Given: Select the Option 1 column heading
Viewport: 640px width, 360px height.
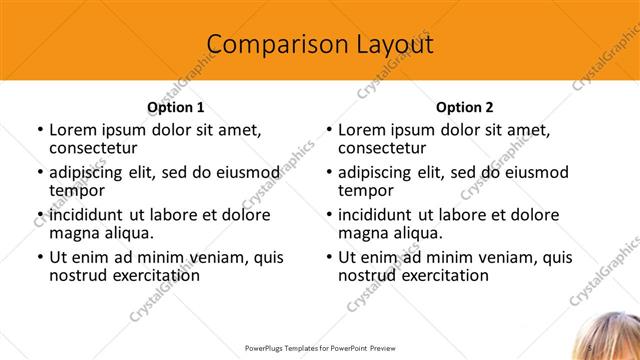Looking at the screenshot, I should (x=176, y=107).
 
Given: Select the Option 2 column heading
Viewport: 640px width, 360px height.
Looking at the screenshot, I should (x=464, y=107).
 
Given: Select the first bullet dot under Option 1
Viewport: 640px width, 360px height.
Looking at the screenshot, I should (x=39, y=130).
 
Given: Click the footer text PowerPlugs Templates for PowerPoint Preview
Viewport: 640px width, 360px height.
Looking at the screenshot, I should (x=319, y=348).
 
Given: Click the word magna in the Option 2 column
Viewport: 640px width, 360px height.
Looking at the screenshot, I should (x=363, y=233).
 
